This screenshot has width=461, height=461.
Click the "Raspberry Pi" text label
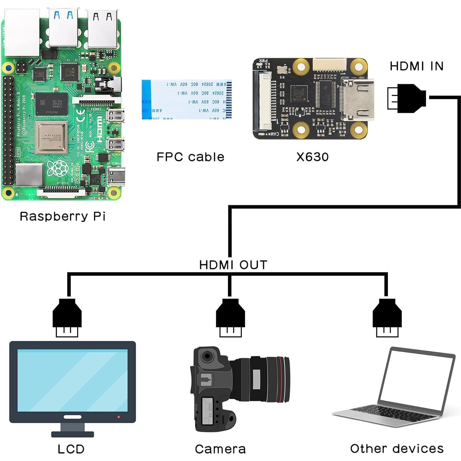click(63, 216)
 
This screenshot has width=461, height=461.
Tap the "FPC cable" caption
click(190, 157)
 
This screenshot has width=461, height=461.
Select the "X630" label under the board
click(312, 157)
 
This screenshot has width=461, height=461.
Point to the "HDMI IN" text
click(416, 66)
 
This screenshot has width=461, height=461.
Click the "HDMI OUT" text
click(233, 265)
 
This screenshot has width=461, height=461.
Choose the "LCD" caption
click(71, 449)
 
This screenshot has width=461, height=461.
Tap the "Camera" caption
click(220, 449)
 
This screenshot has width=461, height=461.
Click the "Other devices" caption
click(397, 448)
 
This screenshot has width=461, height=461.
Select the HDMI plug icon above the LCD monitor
click(67, 317)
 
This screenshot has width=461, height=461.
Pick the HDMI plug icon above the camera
click(230, 317)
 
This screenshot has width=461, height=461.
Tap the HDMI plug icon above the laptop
click(387, 317)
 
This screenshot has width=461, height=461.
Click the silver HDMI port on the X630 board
click(359, 99)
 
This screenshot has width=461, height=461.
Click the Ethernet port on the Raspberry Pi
click(22, 32)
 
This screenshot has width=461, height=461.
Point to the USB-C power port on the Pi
click(117, 176)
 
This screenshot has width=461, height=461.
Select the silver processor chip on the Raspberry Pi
click(51, 137)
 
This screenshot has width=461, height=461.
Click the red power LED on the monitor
click(119, 417)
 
